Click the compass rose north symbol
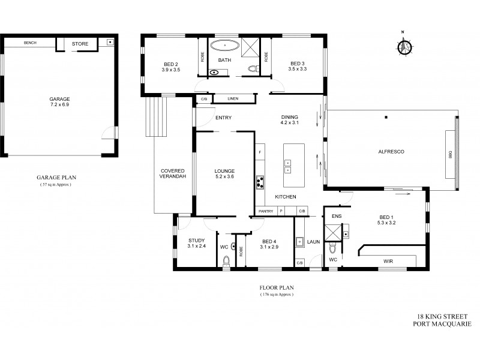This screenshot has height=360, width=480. click(406, 46)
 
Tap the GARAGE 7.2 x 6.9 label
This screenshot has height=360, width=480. click(59, 103)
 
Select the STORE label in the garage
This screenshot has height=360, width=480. click(80, 44)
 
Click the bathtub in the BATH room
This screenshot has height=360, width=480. click(224, 45)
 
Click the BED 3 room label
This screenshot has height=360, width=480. click(298, 67)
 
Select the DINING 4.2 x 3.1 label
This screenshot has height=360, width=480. click(289, 120)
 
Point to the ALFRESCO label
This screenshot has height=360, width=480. click(392, 152)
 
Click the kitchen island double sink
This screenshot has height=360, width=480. click(288, 166)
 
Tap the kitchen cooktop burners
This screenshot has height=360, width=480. click(260, 181)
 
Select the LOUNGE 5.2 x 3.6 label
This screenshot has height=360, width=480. click(224, 174)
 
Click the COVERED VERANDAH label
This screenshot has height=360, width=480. click(172, 174)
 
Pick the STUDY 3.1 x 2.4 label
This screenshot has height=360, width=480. click(196, 243)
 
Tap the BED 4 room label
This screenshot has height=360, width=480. click(267, 244)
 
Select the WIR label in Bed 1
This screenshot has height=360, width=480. click(388, 260)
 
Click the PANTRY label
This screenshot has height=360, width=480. click(265, 211)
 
